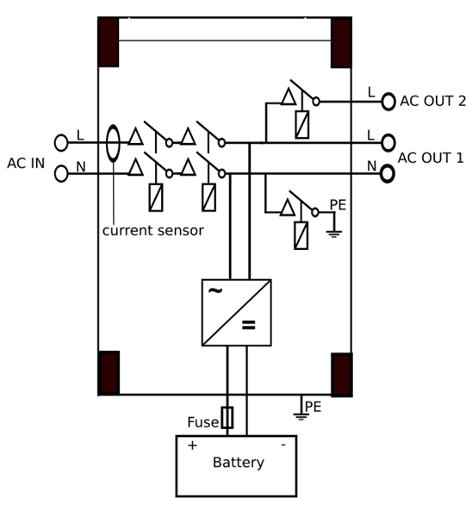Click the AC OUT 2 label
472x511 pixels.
(x=432, y=102)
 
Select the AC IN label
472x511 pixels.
(x=26, y=164)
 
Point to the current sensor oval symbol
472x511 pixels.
(x=113, y=143)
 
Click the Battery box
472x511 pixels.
(x=236, y=465)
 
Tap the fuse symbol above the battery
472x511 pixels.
(x=227, y=418)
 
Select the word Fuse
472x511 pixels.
(x=202, y=422)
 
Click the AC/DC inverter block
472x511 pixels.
(x=236, y=312)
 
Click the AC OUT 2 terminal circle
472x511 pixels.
(x=388, y=102)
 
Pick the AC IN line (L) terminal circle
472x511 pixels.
(x=61, y=143)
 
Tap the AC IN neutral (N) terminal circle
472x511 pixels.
(x=61, y=174)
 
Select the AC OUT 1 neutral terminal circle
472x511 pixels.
(x=388, y=174)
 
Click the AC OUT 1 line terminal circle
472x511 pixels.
(x=388, y=143)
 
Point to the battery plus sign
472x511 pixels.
(x=192, y=446)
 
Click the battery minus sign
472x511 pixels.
(x=283, y=445)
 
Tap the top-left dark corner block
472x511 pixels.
(x=109, y=41)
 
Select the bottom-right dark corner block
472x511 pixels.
(x=341, y=374)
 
